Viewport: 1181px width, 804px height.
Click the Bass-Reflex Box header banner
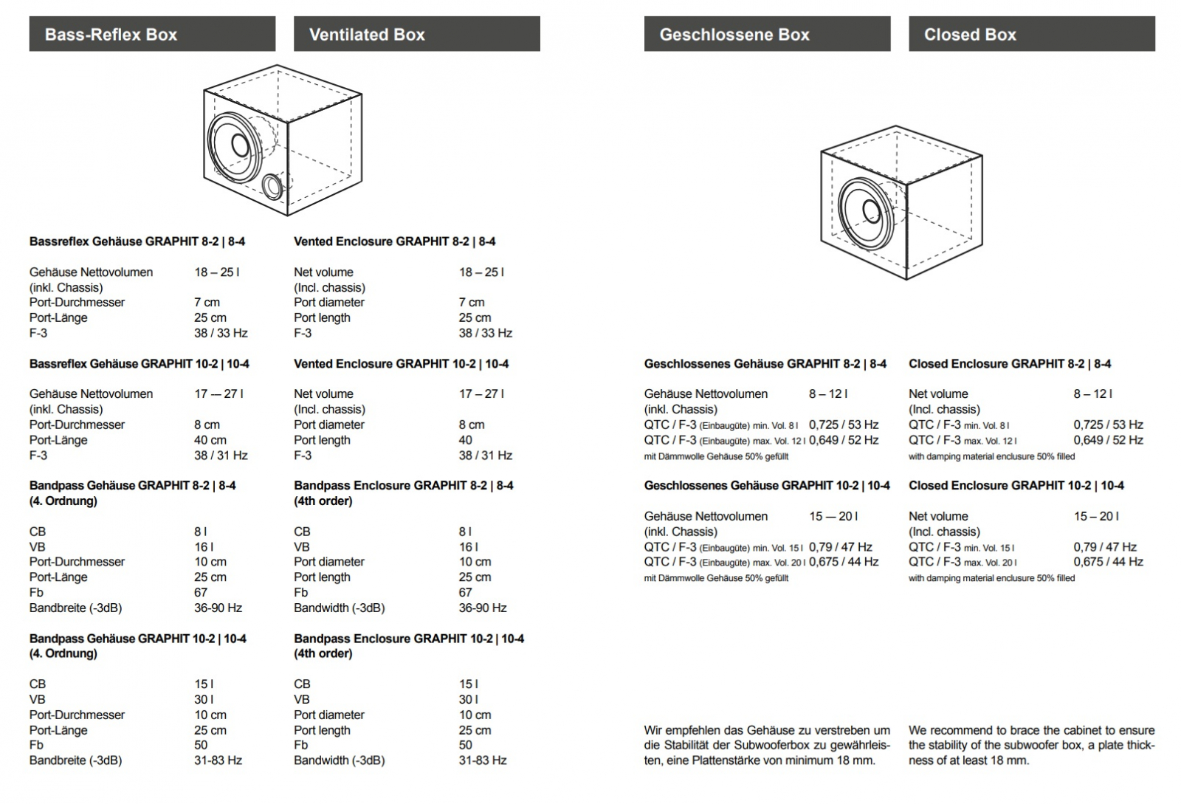click(152, 34)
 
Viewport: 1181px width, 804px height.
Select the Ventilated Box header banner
click(416, 34)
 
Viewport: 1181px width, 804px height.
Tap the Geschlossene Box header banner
click(767, 34)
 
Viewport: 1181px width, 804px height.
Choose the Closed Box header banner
click(1031, 34)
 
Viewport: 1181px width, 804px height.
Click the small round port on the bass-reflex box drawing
click(272, 186)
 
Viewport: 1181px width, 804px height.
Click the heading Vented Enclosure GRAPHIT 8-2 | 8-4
click(394, 241)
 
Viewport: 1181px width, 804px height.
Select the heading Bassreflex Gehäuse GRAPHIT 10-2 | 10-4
click(139, 363)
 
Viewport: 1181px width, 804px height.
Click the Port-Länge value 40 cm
click(210, 440)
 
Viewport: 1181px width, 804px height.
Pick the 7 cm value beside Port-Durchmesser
click(207, 302)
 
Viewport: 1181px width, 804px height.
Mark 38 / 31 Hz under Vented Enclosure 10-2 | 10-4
click(485, 456)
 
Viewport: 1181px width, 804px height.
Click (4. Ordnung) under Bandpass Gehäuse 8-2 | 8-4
click(63, 501)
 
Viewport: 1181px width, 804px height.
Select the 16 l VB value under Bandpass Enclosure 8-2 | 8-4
click(468, 547)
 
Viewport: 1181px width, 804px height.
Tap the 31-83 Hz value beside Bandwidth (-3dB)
click(483, 760)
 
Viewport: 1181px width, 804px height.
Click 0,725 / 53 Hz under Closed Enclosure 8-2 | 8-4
click(1108, 425)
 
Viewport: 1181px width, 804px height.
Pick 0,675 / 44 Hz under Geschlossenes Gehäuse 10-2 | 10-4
click(844, 562)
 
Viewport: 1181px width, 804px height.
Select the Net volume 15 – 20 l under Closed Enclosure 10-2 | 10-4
click(1096, 516)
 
